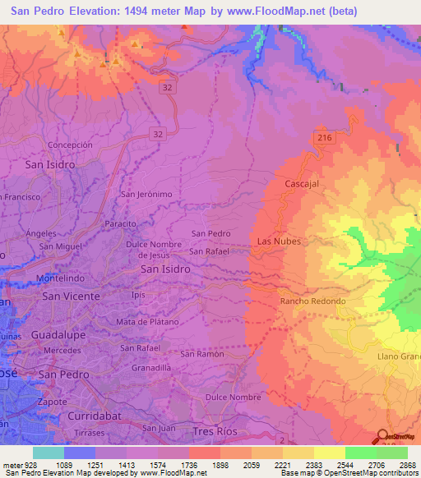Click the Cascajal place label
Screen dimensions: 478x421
(x=302, y=184)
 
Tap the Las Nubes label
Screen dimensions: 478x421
(x=279, y=241)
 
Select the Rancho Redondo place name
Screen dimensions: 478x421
(x=312, y=301)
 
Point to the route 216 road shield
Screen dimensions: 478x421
(x=324, y=138)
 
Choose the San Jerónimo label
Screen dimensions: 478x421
(x=147, y=195)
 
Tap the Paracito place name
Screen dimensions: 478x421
(x=120, y=223)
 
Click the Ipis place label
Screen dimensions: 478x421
(x=138, y=293)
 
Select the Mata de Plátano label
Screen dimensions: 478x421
(x=147, y=321)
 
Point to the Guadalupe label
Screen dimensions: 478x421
(x=58, y=335)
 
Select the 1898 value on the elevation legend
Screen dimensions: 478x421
(x=206, y=466)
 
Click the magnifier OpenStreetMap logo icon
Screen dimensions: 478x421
(x=382, y=438)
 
